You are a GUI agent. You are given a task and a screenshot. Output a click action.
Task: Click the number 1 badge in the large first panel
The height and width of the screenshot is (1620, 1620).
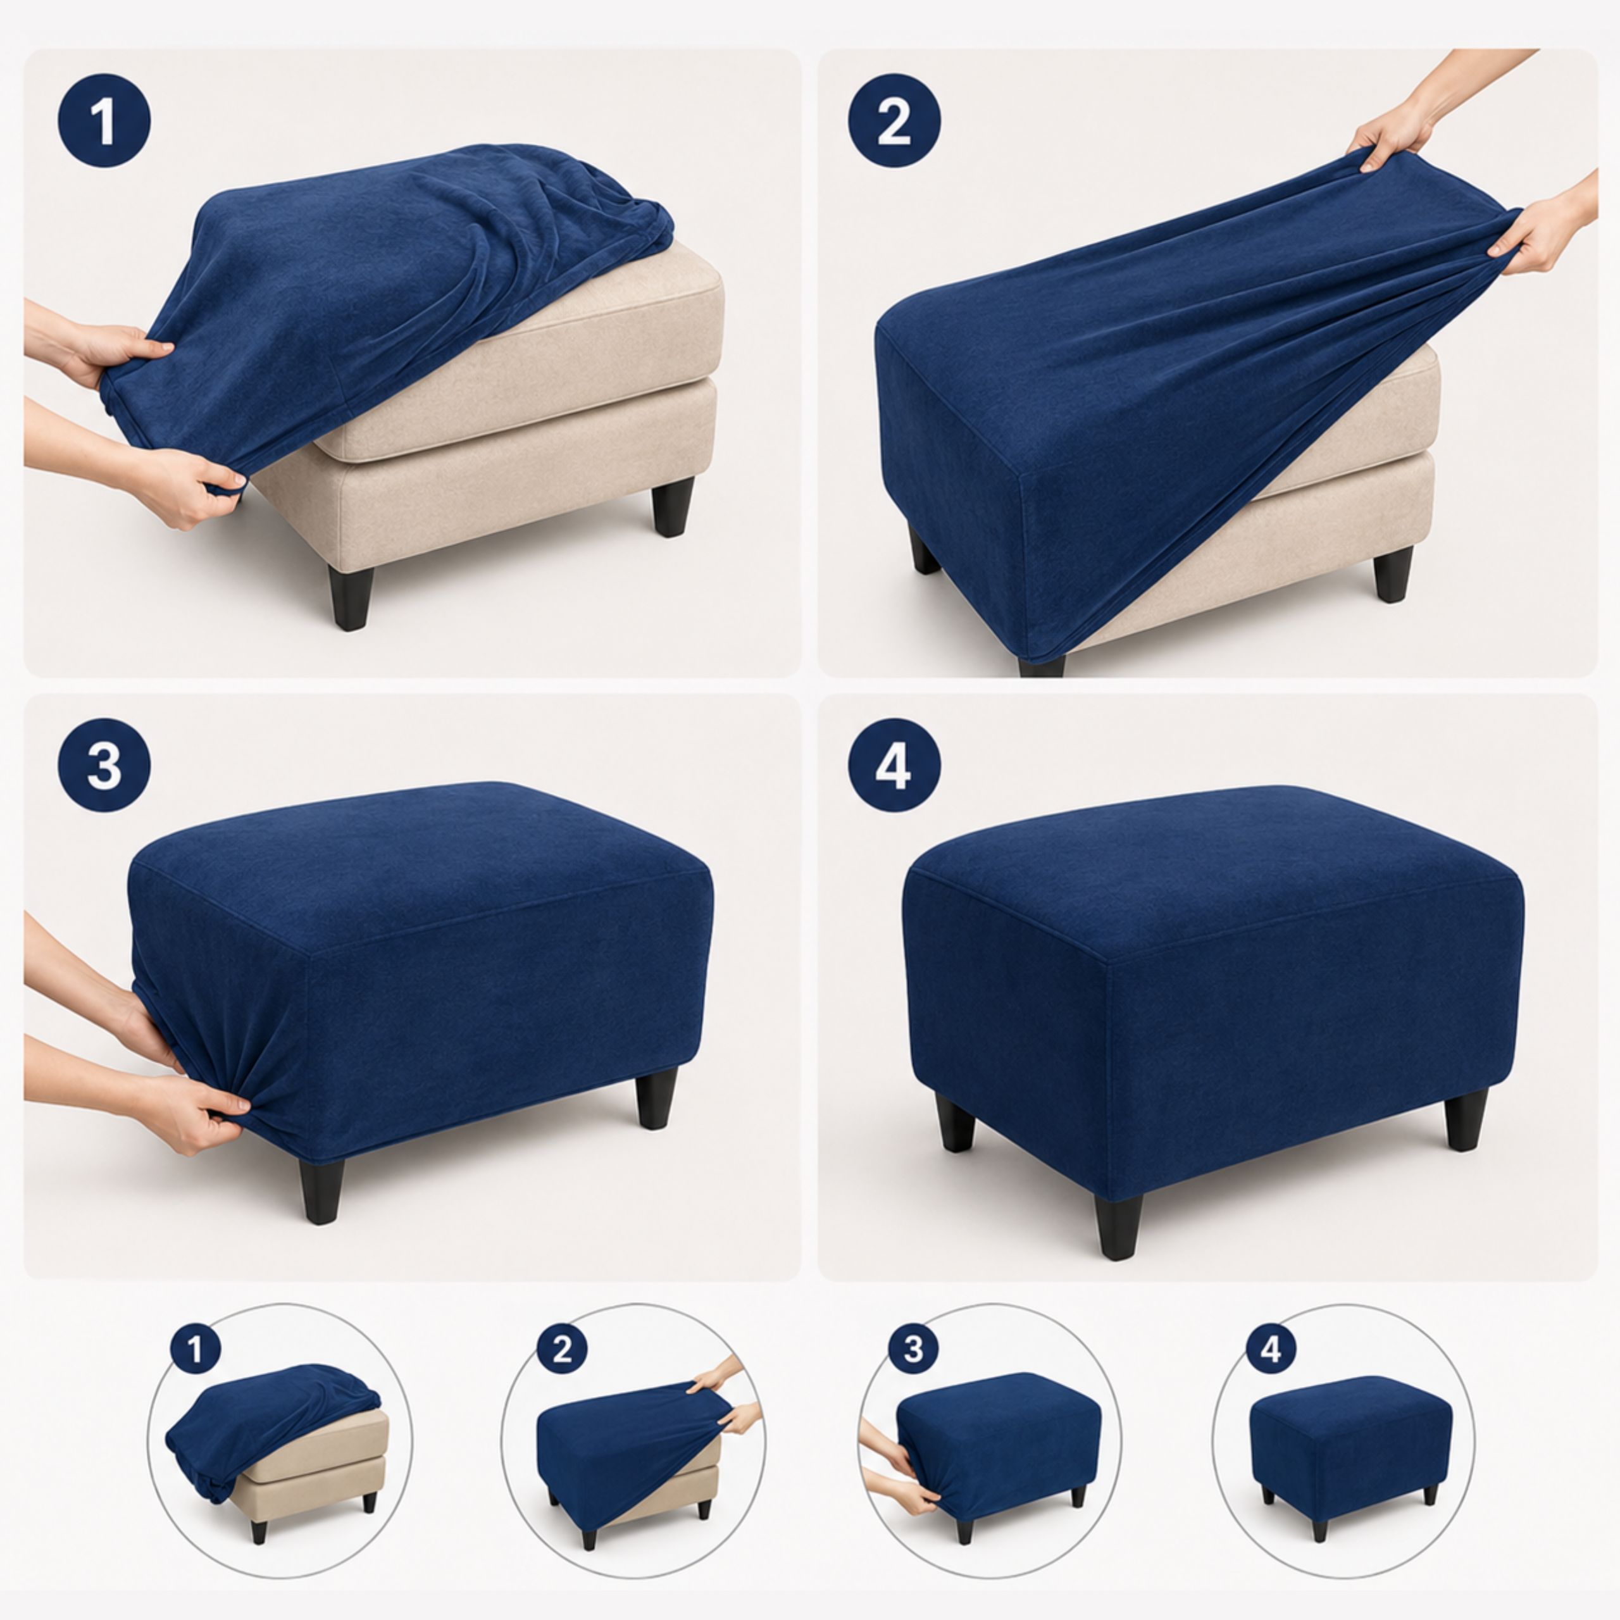click(104, 121)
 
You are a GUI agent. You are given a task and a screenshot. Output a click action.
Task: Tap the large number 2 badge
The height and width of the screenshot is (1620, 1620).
click(894, 121)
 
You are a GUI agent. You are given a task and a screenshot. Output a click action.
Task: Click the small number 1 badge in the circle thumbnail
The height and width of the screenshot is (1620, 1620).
click(196, 1349)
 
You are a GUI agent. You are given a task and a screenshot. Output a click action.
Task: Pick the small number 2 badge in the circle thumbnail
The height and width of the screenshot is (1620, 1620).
click(562, 1349)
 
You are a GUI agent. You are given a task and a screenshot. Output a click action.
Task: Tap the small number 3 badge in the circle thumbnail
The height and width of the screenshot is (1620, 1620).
click(913, 1349)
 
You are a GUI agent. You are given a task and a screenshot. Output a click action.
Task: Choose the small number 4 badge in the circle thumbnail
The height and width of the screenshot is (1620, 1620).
click(1271, 1349)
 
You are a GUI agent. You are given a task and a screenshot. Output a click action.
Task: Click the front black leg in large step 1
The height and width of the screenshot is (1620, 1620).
click(351, 598)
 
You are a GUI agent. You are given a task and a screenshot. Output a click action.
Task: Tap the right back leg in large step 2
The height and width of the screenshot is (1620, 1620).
click(1393, 575)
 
